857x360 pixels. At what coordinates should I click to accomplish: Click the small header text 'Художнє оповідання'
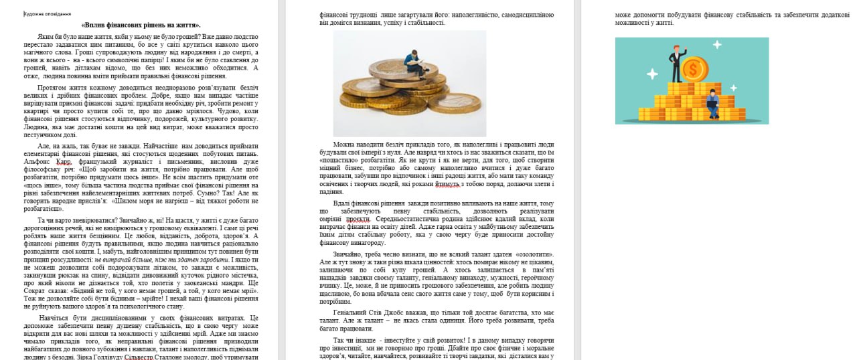click(48, 13)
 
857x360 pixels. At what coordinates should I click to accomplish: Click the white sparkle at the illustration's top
click(717, 45)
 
